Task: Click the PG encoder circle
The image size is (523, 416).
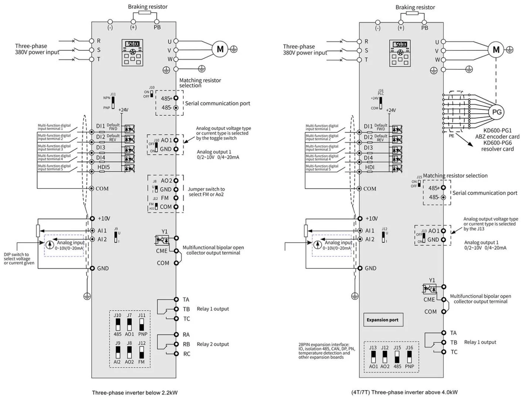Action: tap(496, 112)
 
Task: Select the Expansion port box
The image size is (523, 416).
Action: tap(382, 320)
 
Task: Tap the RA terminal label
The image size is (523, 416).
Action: tap(186, 335)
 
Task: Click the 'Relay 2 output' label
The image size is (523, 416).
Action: tap(213, 344)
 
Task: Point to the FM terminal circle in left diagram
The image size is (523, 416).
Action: tap(176, 198)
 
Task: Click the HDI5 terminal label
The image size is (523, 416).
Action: tap(103, 167)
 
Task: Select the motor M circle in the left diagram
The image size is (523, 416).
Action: tap(220, 49)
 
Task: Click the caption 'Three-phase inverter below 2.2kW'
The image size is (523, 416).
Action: tap(135, 393)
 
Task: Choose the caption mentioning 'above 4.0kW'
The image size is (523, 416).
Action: tap(404, 392)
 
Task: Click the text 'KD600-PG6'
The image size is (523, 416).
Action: tap(497, 143)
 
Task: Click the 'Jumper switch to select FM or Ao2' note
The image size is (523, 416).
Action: tap(206, 192)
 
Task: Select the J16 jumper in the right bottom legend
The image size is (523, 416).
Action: tap(409, 356)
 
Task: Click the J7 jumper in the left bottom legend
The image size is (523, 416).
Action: tap(129, 324)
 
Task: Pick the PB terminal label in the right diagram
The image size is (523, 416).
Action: tap(425, 28)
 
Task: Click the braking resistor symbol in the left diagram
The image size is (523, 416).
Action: tap(145, 12)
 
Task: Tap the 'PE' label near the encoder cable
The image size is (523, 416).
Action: tap(451, 136)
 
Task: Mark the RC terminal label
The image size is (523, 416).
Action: tap(187, 354)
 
